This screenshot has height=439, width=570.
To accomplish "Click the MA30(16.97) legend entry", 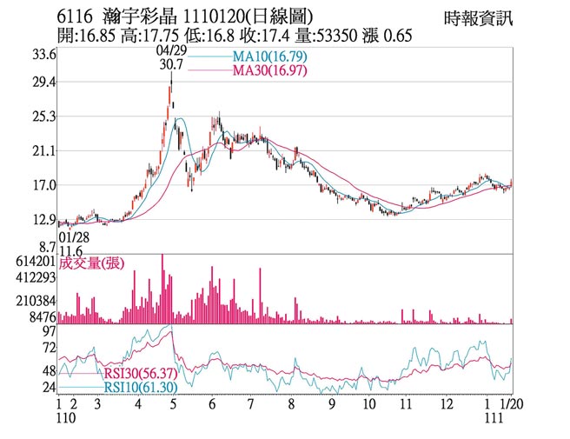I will [270, 70].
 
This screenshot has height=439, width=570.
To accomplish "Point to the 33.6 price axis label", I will [43, 54].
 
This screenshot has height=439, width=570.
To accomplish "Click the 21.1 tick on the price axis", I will [43, 151].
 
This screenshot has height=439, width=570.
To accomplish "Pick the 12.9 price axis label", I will [43, 220].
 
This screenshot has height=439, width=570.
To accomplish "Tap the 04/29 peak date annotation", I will [170, 51].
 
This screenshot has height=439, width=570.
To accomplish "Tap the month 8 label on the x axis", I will [291, 404].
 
